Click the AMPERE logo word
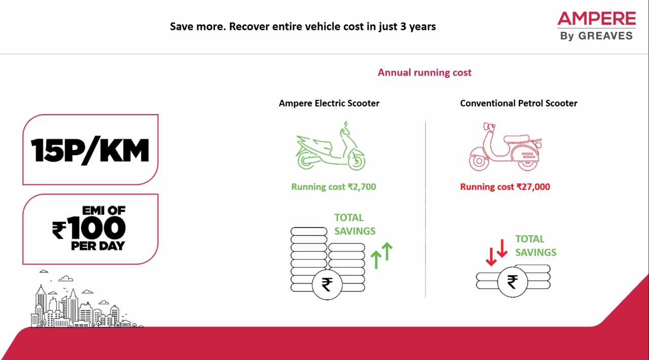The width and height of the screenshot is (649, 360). [x=597, y=19]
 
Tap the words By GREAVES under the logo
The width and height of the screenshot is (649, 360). [x=597, y=36]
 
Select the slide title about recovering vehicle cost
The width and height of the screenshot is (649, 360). [x=303, y=27]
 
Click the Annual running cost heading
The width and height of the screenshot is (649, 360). [x=424, y=73]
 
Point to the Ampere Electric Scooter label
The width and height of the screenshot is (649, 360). [x=329, y=103]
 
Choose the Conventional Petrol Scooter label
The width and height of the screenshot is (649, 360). [x=519, y=103]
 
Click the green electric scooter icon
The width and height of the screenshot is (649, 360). [x=331, y=146]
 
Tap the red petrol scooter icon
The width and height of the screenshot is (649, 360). [x=506, y=147]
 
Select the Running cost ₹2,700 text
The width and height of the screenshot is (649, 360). [x=334, y=187]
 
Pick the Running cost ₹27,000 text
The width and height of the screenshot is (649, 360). [x=505, y=187]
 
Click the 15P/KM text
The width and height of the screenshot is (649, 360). [x=90, y=151]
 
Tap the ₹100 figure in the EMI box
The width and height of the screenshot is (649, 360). [x=89, y=228]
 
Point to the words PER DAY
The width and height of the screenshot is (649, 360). [x=98, y=246]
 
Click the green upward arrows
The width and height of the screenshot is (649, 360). [x=382, y=256]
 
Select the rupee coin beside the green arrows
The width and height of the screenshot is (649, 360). [x=327, y=284]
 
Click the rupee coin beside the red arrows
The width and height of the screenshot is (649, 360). [x=512, y=282]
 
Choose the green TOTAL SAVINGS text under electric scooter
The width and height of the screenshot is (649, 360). [x=355, y=224]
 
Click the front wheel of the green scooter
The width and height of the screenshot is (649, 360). [x=356, y=162]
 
